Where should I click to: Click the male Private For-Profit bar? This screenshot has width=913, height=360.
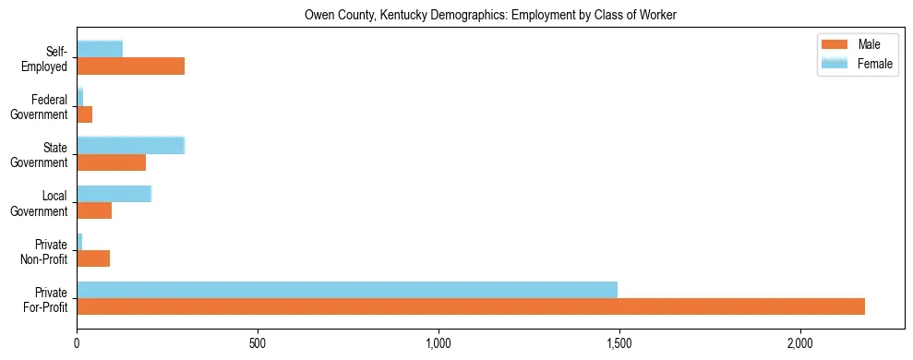click(471, 306)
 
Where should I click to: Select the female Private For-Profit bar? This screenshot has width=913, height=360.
click(347, 289)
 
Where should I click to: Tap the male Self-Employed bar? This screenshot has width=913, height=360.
click(131, 66)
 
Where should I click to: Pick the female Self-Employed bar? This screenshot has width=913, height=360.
click(100, 49)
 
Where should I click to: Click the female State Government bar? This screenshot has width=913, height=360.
click(131, 145)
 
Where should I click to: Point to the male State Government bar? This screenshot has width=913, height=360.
click(112, 162)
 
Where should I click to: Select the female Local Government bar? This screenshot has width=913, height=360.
click(114, 194)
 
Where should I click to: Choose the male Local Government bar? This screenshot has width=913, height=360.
click(94, 210)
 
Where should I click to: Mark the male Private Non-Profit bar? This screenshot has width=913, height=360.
click(93, 258)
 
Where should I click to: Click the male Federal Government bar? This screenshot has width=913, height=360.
click(85, 114)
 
